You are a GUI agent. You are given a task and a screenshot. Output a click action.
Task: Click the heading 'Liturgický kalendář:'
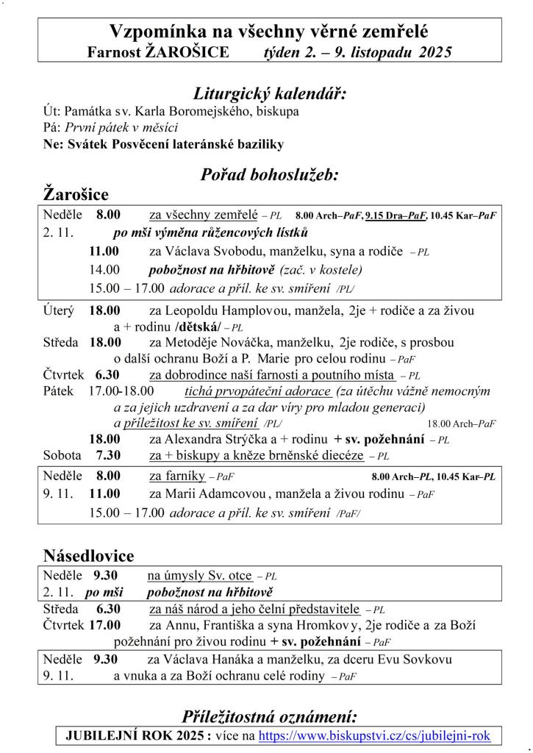[269, 94]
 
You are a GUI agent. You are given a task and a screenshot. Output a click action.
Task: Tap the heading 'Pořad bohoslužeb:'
[269, 175]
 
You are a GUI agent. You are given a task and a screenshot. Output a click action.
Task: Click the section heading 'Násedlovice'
[88, 555]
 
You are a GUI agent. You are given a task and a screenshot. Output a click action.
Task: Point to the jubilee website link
[374, 735]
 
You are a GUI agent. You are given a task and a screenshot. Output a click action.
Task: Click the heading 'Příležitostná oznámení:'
[269, 716]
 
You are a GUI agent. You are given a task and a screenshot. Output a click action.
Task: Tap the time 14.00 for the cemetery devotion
[104, 269]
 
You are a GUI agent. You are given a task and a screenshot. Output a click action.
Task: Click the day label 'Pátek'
[58, 391]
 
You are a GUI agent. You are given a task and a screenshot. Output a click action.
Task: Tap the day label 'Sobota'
[62, 455]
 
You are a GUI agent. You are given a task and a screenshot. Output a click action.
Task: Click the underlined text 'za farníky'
[176, 476]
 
